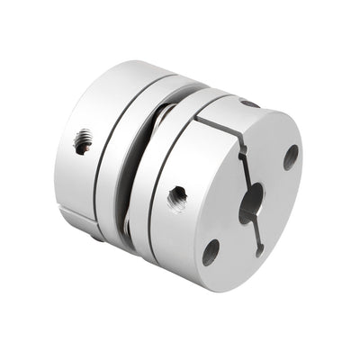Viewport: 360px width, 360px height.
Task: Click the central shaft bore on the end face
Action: [251, 202]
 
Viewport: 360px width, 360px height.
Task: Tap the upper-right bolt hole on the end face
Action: [291, 157]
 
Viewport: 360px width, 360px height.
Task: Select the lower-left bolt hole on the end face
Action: [211, 251]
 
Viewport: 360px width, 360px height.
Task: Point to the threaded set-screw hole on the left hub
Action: [83, 141]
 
